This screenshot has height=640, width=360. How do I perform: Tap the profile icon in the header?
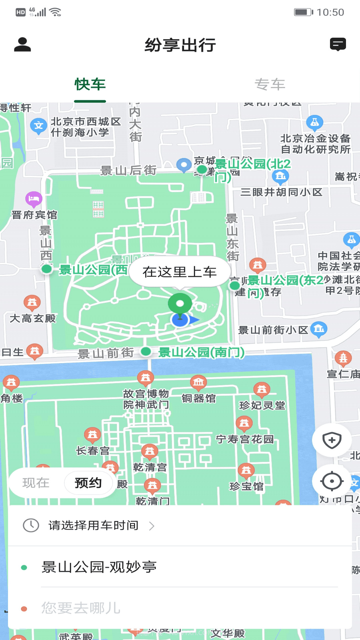22,45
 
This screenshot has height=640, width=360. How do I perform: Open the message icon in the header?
338,44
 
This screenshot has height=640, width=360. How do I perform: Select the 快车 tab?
90,85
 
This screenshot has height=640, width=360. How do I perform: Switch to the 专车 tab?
270,85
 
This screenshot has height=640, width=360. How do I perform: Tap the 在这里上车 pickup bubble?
180,272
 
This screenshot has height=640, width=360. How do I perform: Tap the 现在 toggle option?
36,483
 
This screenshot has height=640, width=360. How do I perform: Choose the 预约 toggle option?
88,483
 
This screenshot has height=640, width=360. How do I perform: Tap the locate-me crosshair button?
332,481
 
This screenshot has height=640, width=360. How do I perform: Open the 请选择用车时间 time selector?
93,526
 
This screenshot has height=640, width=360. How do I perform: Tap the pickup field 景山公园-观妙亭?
99,567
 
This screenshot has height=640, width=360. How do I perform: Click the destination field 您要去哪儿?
81,608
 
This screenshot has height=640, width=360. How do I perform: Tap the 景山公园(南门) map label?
201,352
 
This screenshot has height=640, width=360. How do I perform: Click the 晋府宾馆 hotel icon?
34,199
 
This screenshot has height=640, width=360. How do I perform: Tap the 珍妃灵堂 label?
262,405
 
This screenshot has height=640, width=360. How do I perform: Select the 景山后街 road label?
128,171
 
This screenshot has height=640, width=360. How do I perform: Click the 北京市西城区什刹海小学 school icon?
38,126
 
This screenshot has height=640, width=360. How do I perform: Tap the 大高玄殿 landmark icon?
32,302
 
